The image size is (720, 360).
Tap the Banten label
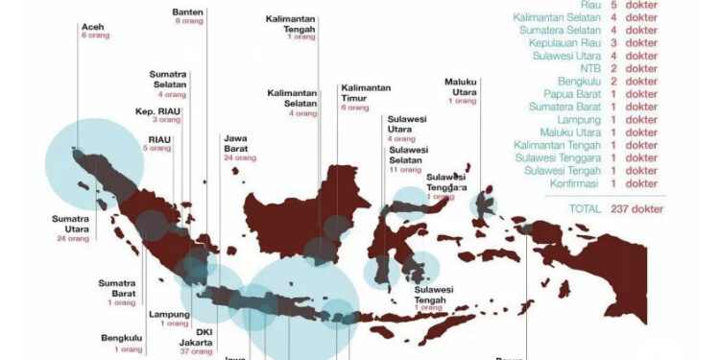pos(189,12)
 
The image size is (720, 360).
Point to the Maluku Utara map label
pos(461,86)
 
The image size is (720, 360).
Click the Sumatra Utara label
pos(71,223)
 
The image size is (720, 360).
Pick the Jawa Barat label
pos(233,143)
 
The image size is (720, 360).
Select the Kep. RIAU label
pos(158,110)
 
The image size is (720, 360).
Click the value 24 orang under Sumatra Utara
pos(72,237)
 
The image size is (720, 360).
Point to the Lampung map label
pos(169,314)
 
